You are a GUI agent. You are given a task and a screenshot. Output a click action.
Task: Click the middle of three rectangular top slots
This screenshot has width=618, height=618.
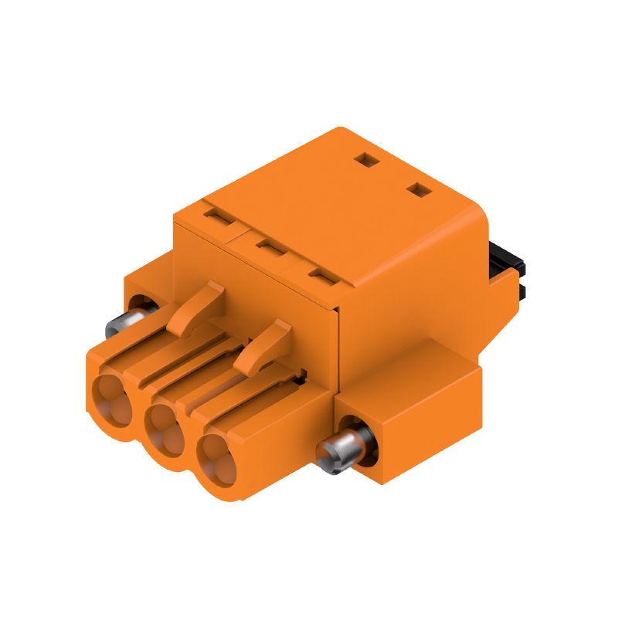pos(269,247)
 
